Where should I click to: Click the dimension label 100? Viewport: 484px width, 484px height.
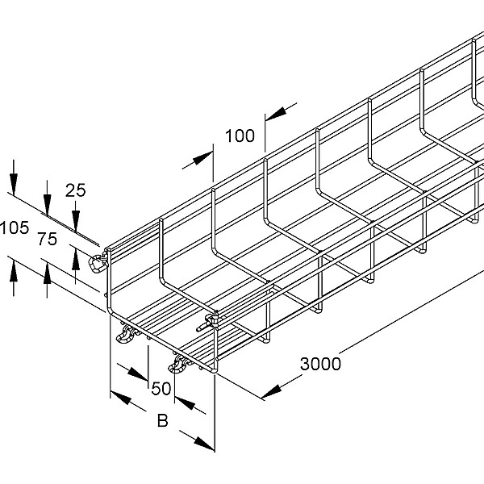pyautogui.click(x=240, y=136)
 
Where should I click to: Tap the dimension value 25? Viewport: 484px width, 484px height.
pyautogui.click(x=75, y=190)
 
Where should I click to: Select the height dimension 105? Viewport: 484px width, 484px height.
pyautogui.click(x=15, y=227)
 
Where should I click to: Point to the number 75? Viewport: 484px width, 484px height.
pyautogui.click(x=48, y=240)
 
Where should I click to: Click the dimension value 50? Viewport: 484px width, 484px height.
pyautogui.click(x=161, y=389)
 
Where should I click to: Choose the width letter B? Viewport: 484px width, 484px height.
pyautogui.click(x=163, y=421)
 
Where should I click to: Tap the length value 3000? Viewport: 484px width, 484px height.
pyautogui.click(x=321, y=364)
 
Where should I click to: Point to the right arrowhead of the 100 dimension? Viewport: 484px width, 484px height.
pyautogui.click(x=275, y=114)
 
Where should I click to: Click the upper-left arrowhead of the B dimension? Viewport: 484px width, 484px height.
pyautogui.click(x=119, y=398)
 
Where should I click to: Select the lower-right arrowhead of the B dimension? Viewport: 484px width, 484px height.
pyautogui.click(x=205, y=444)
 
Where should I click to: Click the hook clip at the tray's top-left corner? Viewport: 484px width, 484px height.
pyautogui.click(x=98, y=262)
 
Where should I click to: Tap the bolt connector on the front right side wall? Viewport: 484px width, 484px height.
pyautogui.click(x=208, y=322)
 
